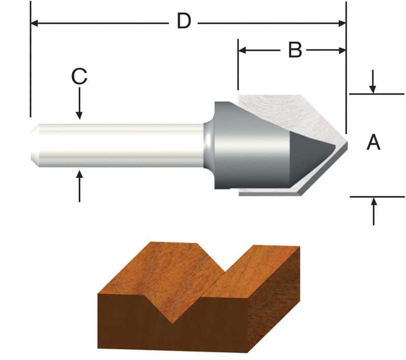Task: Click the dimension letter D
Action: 184,22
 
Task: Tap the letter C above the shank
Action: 79,77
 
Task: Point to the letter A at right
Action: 374,143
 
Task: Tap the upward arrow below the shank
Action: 79,177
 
